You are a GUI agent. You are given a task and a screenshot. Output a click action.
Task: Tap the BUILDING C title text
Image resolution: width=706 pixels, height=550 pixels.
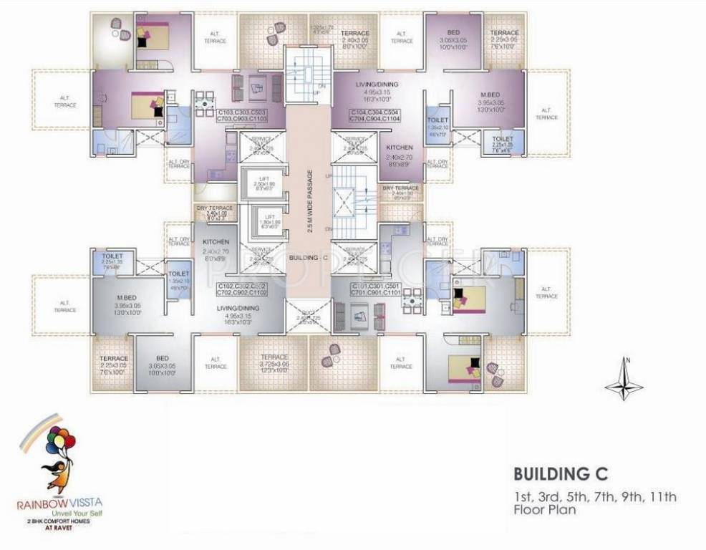click(561, 473)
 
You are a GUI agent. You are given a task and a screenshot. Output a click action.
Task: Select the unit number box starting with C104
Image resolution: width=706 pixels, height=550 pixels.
click(374, 116)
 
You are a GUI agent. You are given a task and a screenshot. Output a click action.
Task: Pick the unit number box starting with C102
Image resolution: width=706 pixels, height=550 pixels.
click(242, 289)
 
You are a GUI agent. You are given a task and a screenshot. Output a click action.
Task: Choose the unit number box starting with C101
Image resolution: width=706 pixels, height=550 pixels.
click(375, 289)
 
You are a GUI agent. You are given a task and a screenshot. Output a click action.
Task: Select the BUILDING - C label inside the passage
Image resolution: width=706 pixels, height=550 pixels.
click(308, 256)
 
